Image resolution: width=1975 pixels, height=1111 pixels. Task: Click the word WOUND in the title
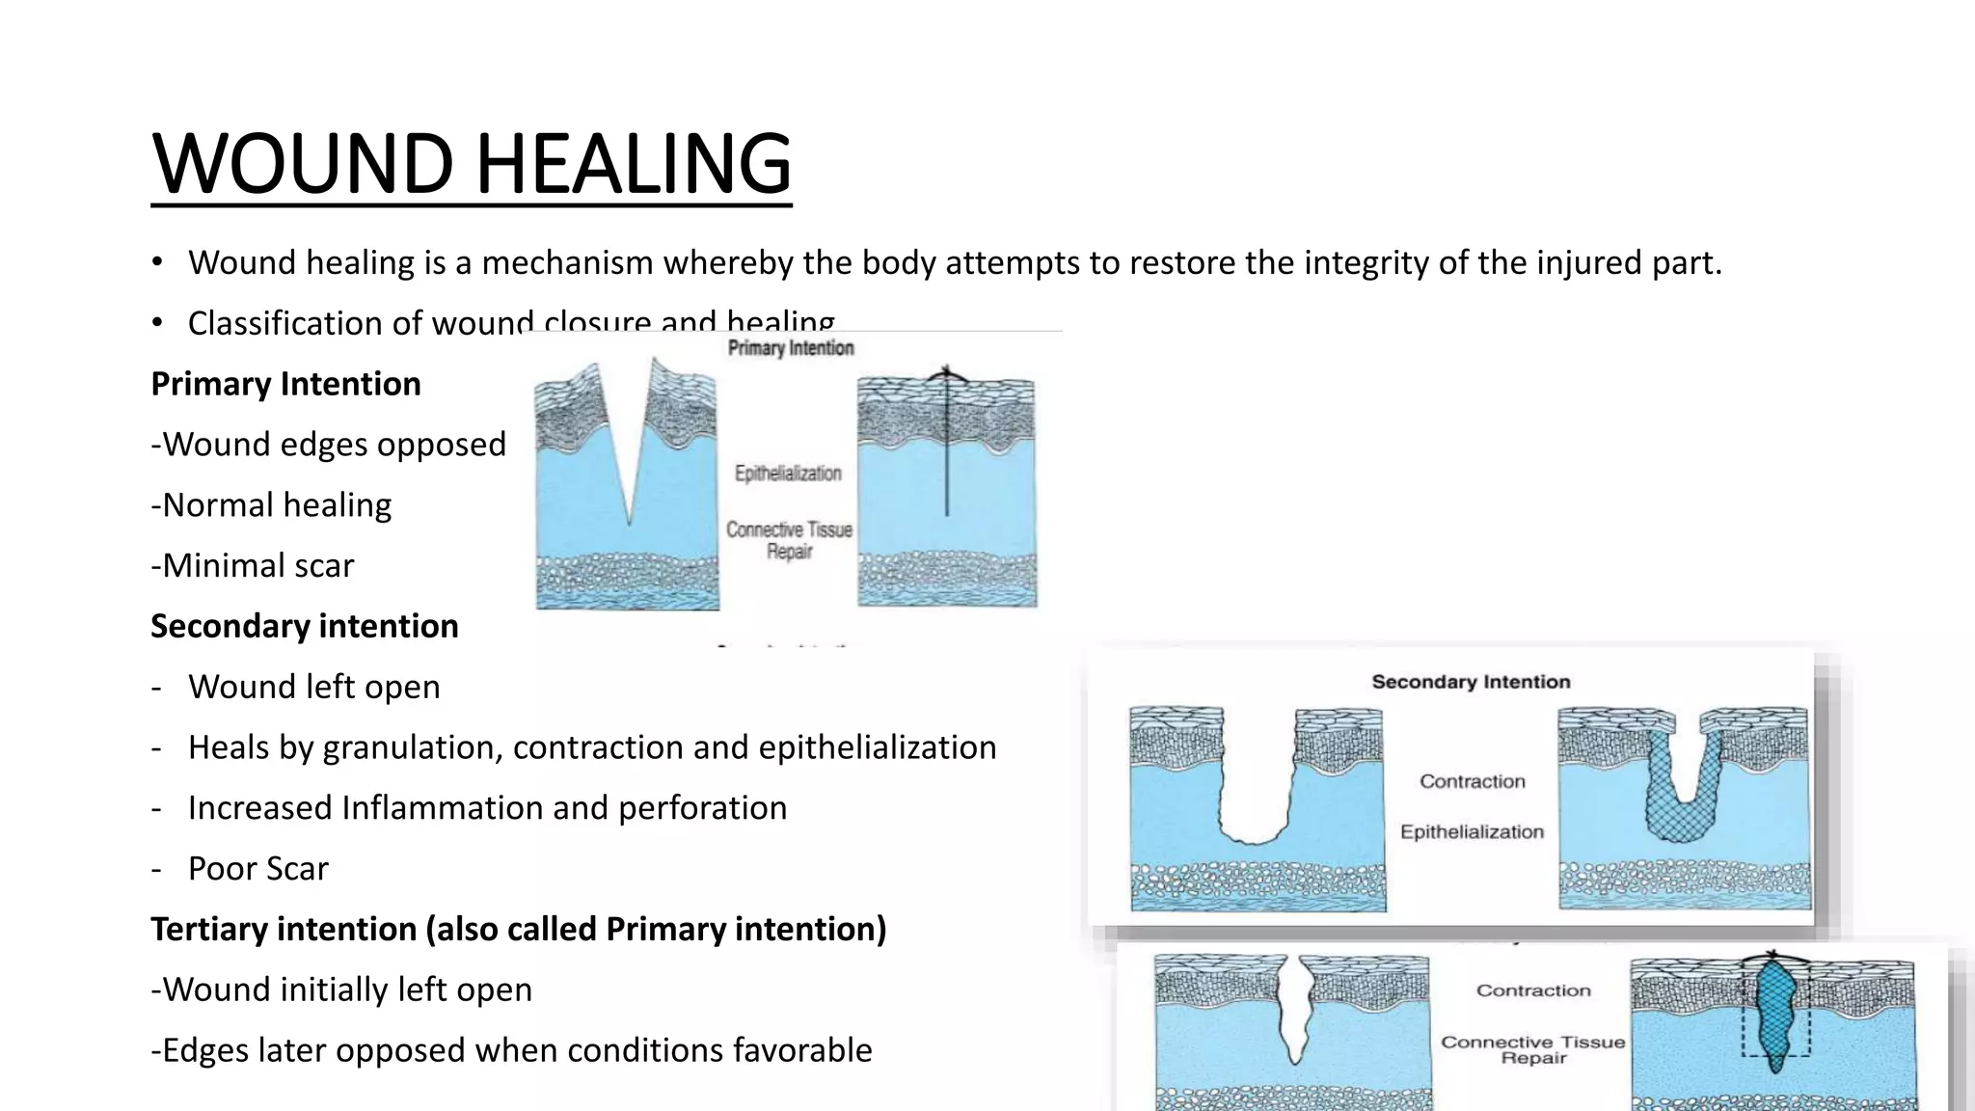tap(302, 164)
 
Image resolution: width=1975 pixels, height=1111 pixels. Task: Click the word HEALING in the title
tap(634, 164)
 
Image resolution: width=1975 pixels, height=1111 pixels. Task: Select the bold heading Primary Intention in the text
tap(285, 384)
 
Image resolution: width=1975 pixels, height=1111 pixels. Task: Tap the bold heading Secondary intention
tap(304, 626)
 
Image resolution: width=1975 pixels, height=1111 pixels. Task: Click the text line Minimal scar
tap(254, 565)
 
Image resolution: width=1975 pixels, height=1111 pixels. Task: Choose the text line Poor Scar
tap(257, 868)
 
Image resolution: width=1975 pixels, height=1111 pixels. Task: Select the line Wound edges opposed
tap(329, 445)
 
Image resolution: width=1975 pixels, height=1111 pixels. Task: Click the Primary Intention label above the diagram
tap(791, 348)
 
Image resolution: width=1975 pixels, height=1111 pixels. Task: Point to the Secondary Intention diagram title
tap(1471, 682)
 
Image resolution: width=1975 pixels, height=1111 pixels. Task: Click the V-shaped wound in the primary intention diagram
tap(629, 453)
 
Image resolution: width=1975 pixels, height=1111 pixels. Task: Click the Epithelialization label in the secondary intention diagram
tap(1472, 831)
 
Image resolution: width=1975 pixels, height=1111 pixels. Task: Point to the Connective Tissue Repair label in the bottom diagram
tap(1533, 1049)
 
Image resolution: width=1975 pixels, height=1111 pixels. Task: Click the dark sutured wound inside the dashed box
tap(1774, 1017)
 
